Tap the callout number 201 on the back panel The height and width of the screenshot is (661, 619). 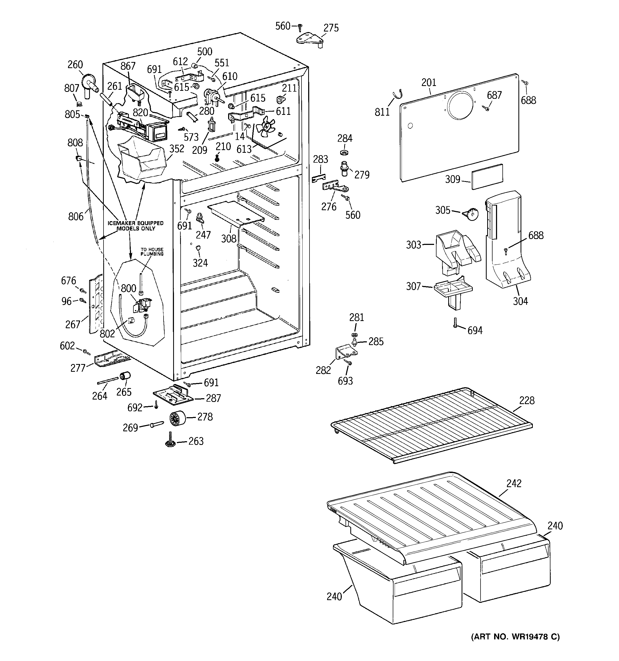pyautogui.click(x=428, y=83)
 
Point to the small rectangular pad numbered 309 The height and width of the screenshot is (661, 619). pyautogui.click(x=487, y=176)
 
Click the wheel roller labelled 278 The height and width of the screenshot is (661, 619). pyautogui.click(x=177, y=418)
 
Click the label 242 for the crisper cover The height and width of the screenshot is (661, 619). pyautogui.click(x=514, y=483)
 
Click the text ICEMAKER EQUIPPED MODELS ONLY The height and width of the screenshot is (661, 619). pyautogui.click(x=136, y=226)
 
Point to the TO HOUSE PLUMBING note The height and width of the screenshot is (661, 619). pyautogui.click(x=152, y=252)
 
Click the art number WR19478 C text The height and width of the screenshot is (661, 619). pyautogui.click(x=515, y=637)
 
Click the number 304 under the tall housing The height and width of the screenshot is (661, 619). pyautogui.click(x=520, y=301)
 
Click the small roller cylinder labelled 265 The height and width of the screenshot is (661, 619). pyautogui.click(x=125, y=376)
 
